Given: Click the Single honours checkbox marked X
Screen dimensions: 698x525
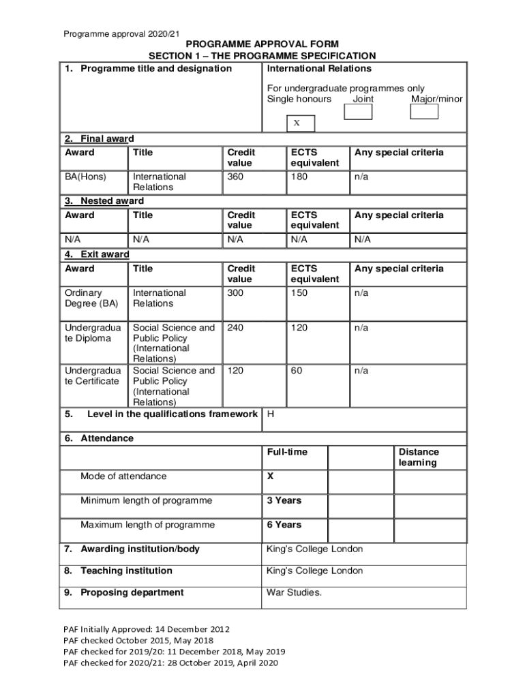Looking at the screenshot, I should (297, 123).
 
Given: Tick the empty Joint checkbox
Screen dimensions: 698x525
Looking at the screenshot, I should (358, 111).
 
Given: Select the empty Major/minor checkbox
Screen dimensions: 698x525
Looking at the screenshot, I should (424, 111).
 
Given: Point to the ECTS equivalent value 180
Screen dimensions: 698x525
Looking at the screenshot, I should (299, 177).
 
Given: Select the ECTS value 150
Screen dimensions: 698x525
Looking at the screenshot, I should (299, 293).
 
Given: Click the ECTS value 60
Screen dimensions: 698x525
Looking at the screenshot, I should (297, 371).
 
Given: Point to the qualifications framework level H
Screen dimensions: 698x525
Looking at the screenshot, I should (271, 414).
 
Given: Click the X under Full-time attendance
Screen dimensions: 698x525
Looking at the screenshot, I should (271, 476).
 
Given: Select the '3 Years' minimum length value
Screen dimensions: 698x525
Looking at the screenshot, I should (284, 500).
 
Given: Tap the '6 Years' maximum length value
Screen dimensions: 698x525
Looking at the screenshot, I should (284, 525).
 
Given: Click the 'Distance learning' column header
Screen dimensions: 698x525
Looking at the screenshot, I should (419, 457).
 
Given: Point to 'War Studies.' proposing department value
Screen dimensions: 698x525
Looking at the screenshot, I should (294, 592).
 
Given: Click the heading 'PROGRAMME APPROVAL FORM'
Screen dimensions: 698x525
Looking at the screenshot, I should (262, 44).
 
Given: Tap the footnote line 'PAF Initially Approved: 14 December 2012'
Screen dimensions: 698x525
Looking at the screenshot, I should (147, 629).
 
